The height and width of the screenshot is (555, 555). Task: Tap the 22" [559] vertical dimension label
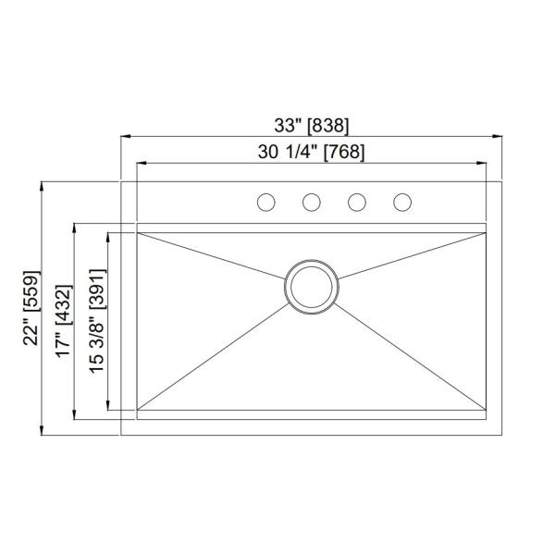[x=31, y=308]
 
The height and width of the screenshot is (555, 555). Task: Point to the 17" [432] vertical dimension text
[x=62, y=316]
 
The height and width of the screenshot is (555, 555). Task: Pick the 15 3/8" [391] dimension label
[x=95, y=319]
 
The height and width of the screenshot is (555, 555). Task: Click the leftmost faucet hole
[x=265, y=202]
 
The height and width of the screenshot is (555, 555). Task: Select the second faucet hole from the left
[x=312, y=202]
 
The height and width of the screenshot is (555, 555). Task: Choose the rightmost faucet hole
[x=402, y=202]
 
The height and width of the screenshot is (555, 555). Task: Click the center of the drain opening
[x=311, y=287]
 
